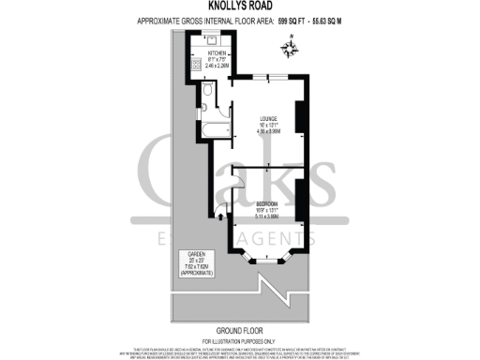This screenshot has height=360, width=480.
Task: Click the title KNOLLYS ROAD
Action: [x=239, y=7]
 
